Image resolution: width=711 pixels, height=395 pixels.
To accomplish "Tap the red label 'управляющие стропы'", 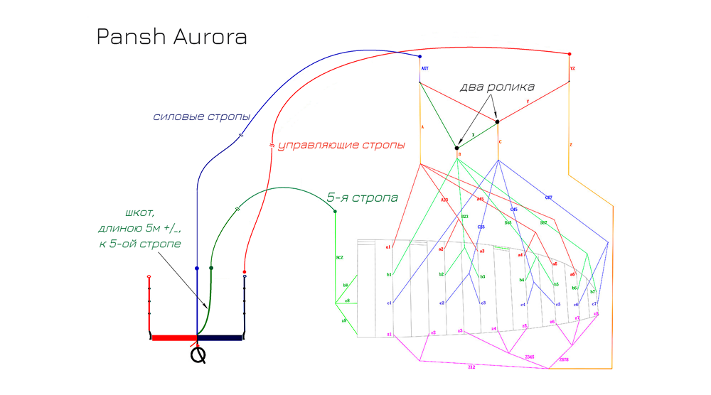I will [x=341, y=145].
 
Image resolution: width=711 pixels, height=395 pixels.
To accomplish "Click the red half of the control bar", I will [x=174, y=337].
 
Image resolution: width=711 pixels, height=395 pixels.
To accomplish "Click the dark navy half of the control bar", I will [x=220, y=337].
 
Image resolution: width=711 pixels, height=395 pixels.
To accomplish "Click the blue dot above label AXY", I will [x=420, y=56].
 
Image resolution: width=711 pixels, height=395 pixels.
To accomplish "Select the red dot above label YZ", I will [x=570, y=54].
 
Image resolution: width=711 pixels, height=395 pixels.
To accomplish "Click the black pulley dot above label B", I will [x=457, y=148].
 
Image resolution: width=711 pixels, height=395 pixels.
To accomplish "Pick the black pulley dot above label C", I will [x=498, y=121].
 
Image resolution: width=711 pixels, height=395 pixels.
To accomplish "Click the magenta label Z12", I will [x=471, y=367].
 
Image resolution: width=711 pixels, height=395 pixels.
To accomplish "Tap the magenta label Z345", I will [x=529, y=356].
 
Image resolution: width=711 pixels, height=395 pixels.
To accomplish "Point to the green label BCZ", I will [x=339, y=257].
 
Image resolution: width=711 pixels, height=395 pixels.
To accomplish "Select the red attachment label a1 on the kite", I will [x=388, y=247].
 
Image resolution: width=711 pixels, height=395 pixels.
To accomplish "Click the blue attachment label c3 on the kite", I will [x=483, y=303].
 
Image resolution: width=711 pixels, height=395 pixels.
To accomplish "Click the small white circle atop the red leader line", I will [x=149, y=276].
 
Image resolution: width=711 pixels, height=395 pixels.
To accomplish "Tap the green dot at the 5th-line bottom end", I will [x=211, y=268].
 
